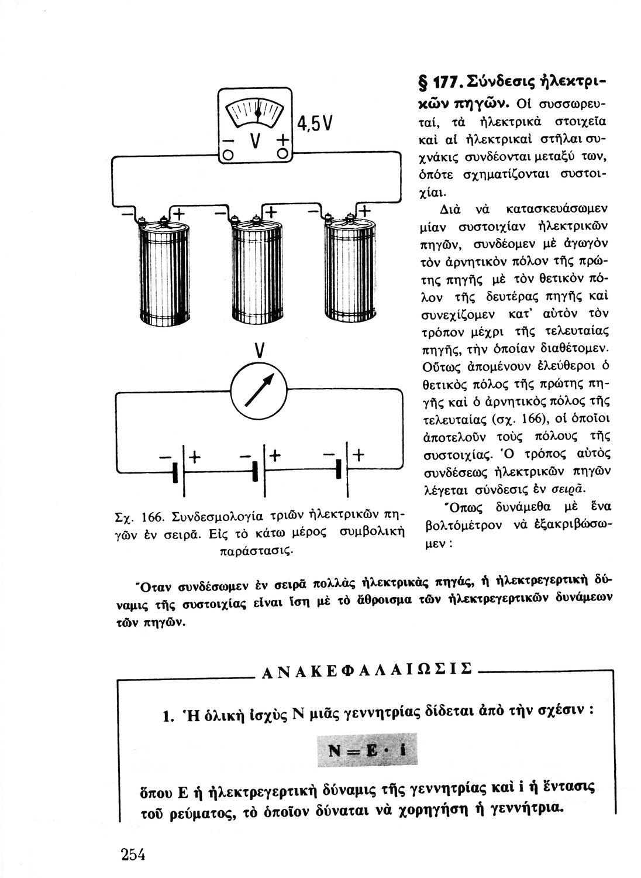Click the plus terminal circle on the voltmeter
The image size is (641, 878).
coord(283,154)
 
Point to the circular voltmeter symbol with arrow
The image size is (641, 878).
coord(259,390)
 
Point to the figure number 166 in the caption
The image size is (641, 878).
coord(154,517)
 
